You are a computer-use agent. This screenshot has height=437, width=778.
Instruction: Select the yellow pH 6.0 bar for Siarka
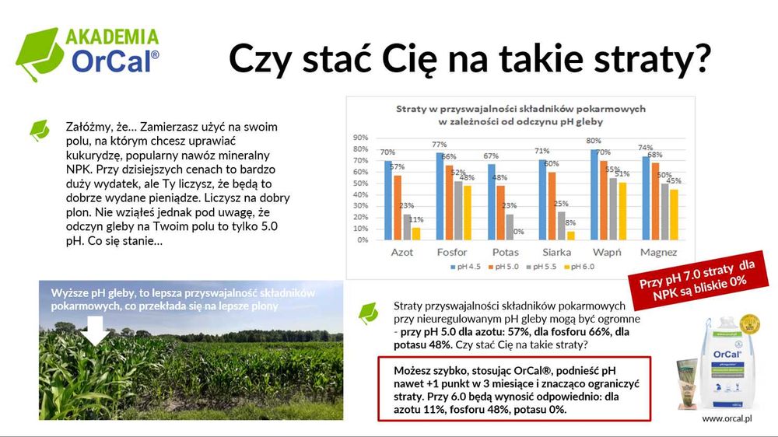pos(571,235)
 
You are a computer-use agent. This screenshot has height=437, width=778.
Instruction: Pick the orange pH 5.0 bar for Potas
pos(500,212)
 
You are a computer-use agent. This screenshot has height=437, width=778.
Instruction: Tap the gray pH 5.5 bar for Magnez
pos(664,211)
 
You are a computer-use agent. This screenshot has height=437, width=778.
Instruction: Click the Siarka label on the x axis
pos(556,253)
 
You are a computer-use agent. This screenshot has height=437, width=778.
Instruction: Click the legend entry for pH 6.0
pos(581,267)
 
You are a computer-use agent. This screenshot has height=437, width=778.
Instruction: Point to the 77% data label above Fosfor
pos(439,145)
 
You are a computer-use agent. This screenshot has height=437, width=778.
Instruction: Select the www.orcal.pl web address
pos(729,418)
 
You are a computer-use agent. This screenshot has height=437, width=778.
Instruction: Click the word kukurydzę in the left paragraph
pos(90,155)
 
